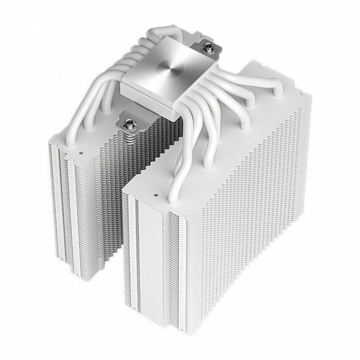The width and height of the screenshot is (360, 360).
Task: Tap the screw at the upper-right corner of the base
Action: [x=209, y=45]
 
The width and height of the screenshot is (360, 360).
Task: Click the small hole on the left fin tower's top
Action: [x=81, y=149]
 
